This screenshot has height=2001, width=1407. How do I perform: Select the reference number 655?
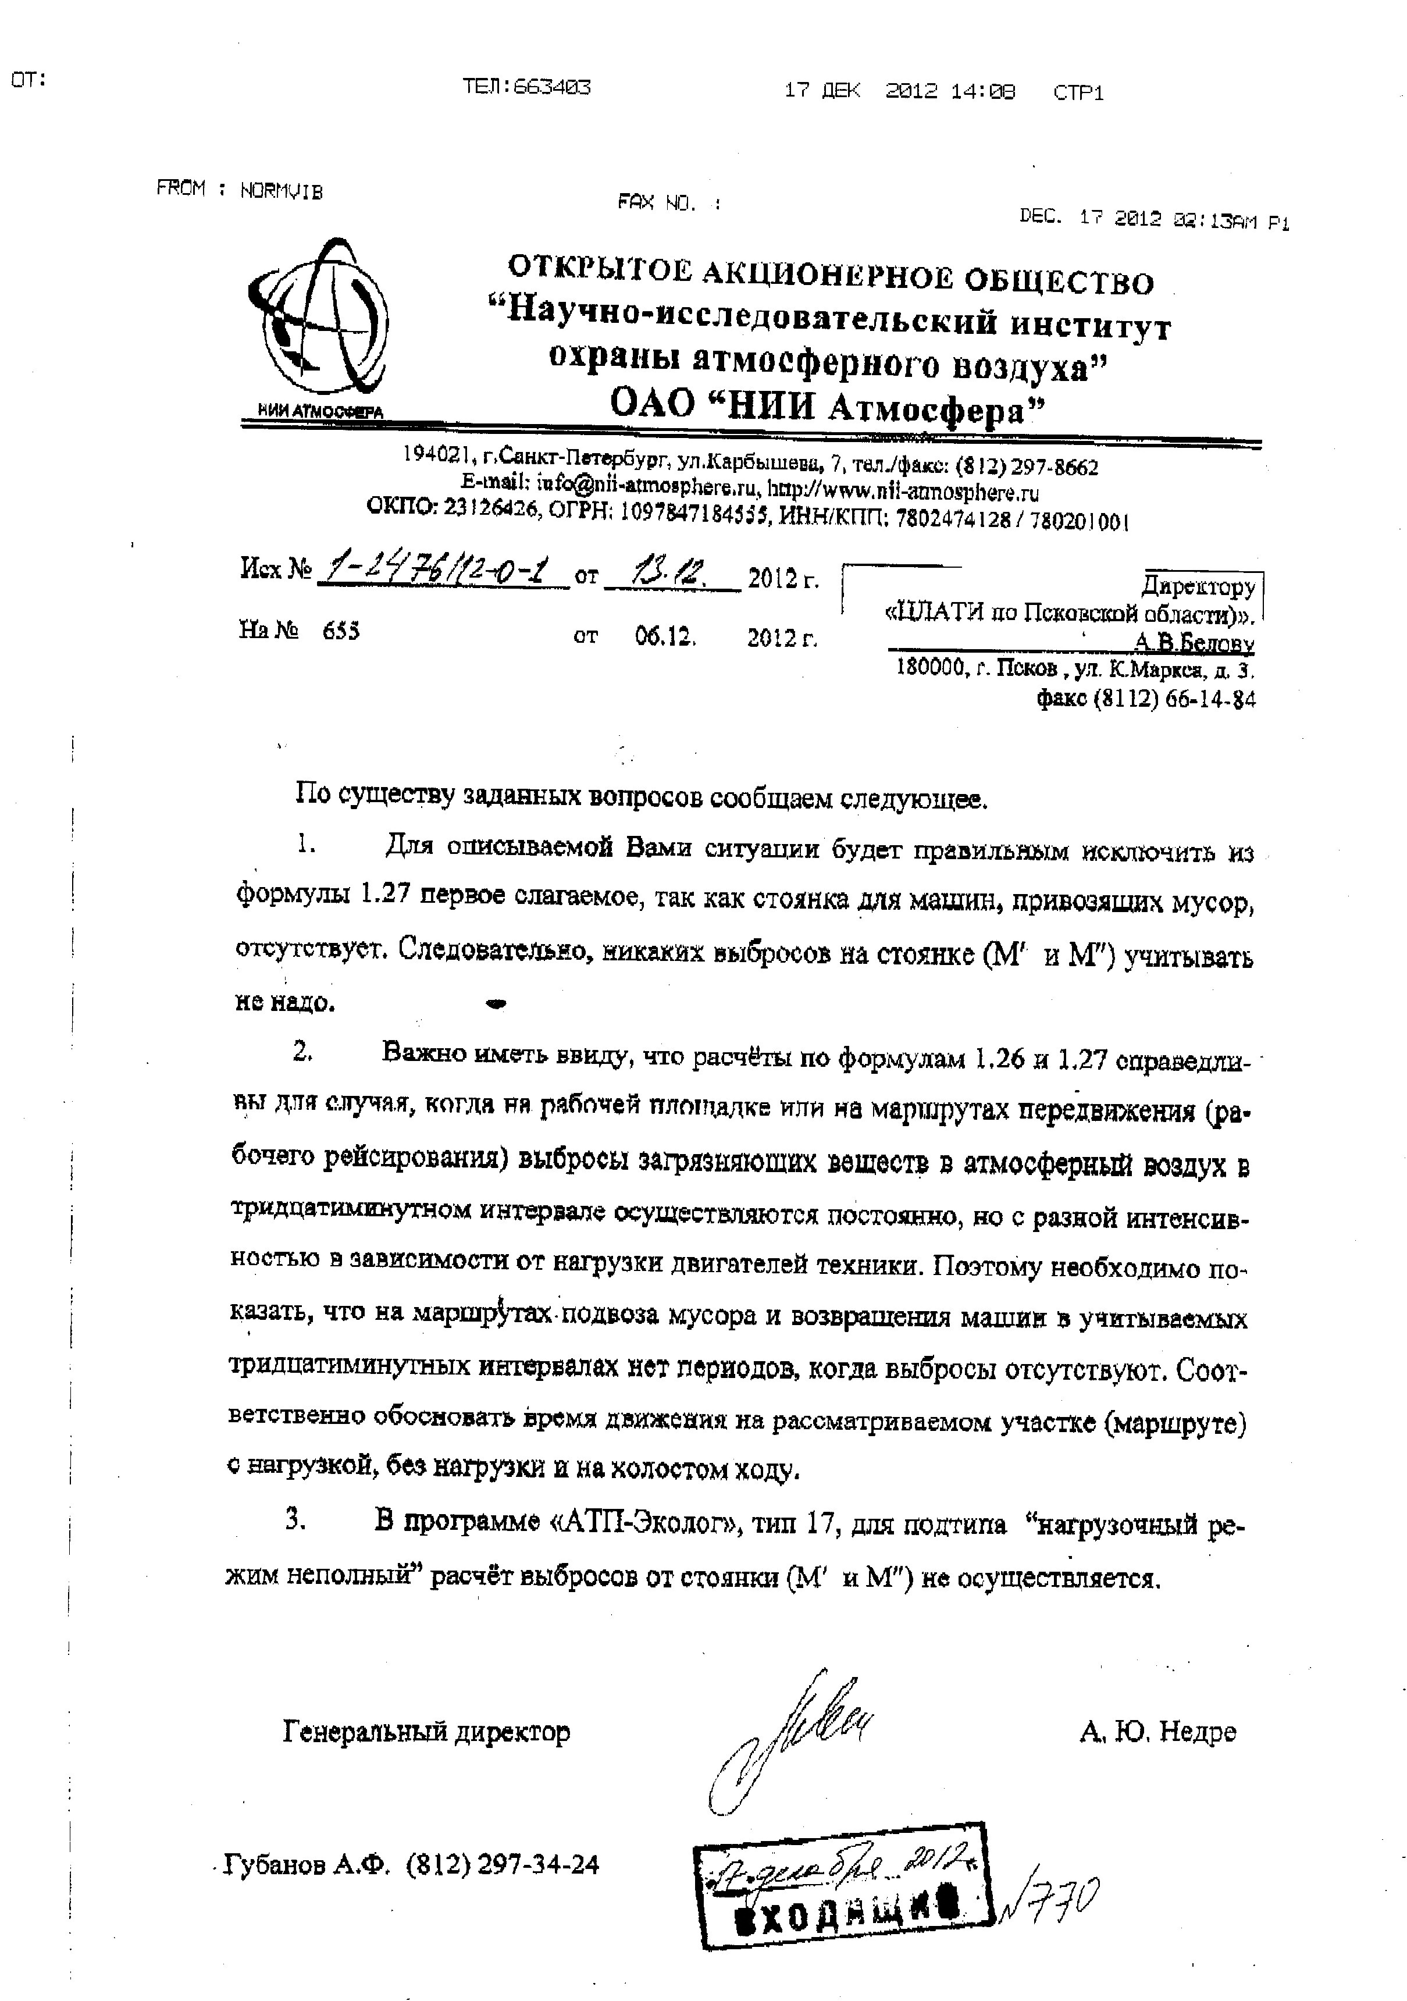tap(341, 632)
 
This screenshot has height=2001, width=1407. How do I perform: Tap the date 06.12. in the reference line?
tap(665, 637)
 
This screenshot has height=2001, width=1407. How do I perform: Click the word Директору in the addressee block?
tap(1199, 586)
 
